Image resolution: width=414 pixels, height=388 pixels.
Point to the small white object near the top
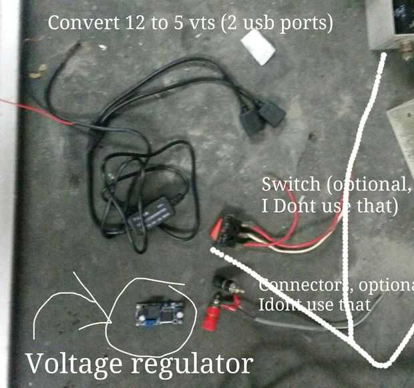[257, 47]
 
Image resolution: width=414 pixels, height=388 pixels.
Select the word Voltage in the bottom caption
[74, 364]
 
